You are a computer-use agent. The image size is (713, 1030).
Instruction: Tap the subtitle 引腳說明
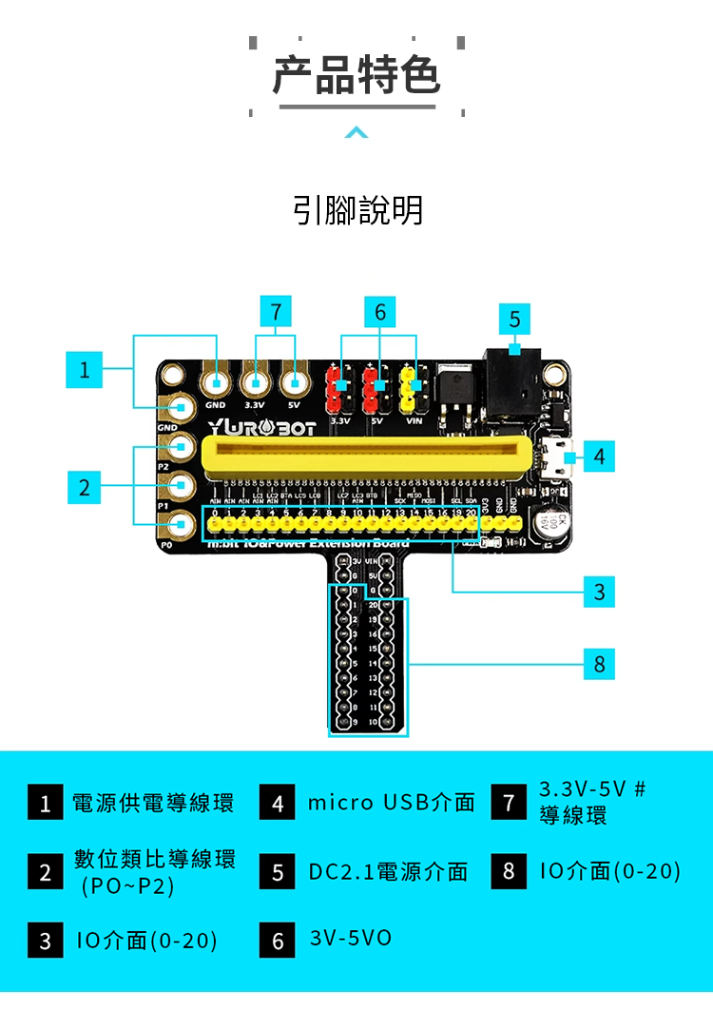point(357,210)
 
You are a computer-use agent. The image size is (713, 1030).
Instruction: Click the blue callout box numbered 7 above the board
point(275,311)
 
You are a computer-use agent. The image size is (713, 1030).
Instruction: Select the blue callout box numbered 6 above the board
point(380,311)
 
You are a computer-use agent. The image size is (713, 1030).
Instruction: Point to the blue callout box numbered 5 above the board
point(514,319)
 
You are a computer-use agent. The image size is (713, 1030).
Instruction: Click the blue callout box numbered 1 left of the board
point(84,369)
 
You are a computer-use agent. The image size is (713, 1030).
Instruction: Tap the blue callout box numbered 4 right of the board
point(598,457)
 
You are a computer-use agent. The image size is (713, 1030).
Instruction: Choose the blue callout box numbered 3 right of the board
point(598,592)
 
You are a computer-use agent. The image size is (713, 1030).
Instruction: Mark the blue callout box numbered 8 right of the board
point(598,664)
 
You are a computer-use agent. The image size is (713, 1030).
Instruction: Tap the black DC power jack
point(516,385)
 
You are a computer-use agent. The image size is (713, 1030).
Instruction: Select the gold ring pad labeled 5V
point(296,382)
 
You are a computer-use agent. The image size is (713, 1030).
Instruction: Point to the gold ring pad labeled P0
point(181,522)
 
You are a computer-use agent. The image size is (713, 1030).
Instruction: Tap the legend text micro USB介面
point(391,803)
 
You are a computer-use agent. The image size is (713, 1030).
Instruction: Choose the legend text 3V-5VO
point(350,939)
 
